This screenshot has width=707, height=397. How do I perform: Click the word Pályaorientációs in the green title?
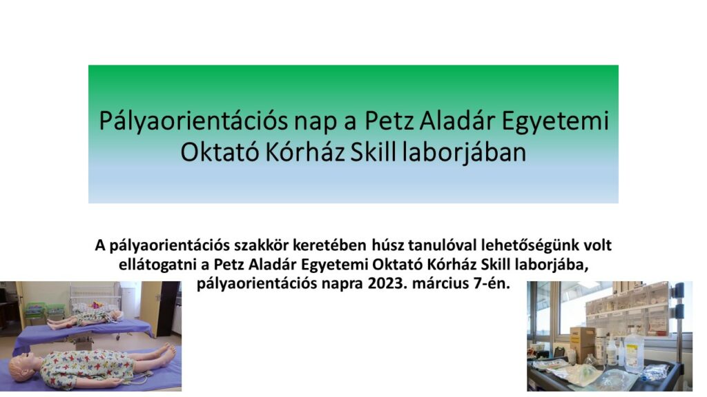click(x=193, y=121)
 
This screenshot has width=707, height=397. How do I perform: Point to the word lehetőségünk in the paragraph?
click(x=530, y=246)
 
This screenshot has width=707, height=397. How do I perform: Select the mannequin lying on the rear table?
click(x=84, y=318)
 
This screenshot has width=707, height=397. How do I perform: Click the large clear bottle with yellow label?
click(x=634, y=350)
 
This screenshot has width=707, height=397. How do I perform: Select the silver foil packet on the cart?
click(x=655, y=371)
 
